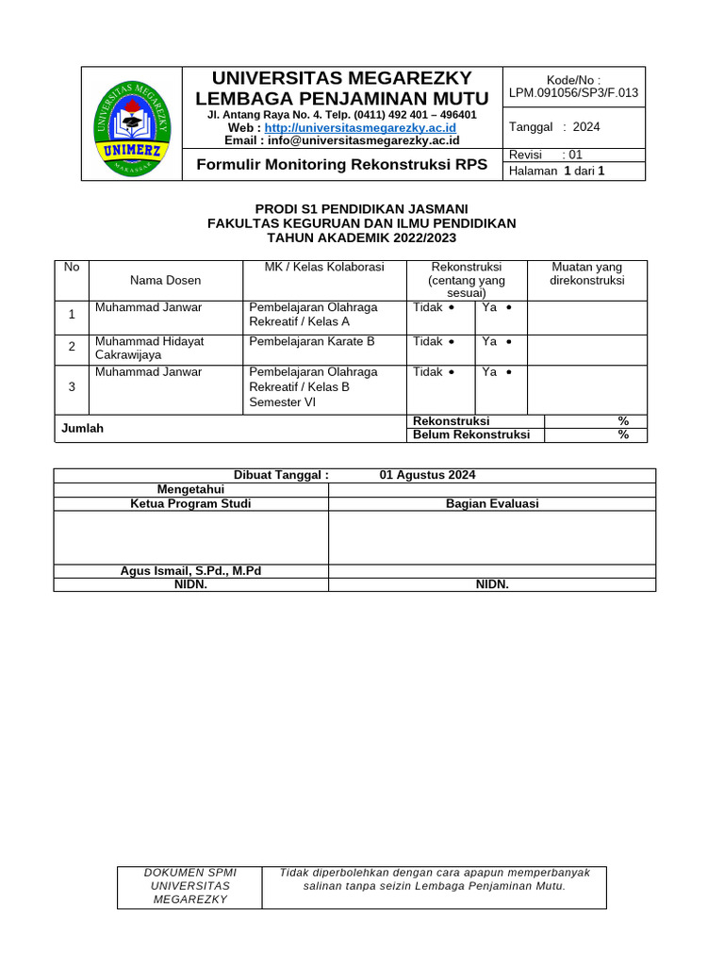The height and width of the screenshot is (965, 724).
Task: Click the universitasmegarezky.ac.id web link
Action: (360, 127)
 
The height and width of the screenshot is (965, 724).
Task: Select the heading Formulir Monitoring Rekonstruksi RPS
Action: (341, 165)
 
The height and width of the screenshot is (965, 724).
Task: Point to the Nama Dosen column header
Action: (165, 280)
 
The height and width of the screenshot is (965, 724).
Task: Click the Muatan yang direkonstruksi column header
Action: (586, 273)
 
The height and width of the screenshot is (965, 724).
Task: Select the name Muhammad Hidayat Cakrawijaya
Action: (149, 348)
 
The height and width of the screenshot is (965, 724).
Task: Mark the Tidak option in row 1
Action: (433, 307)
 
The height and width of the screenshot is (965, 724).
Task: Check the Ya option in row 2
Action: (497, 341)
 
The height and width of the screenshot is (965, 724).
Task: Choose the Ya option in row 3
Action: (497, 372)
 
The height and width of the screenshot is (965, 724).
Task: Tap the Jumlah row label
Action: (82, 428)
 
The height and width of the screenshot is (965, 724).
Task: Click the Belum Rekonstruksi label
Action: (471, 434)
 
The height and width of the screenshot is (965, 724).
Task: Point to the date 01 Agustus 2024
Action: (427, 475)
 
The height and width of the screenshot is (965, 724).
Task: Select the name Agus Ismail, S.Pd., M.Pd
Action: (190, 571)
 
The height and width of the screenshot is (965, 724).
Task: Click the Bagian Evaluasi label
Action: (492, 503)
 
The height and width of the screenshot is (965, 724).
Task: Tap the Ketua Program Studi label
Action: (190, 503)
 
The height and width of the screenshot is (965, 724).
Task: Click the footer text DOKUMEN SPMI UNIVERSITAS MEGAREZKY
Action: (189, 886)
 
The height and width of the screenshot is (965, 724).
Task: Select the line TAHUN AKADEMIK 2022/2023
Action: (362, 237)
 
